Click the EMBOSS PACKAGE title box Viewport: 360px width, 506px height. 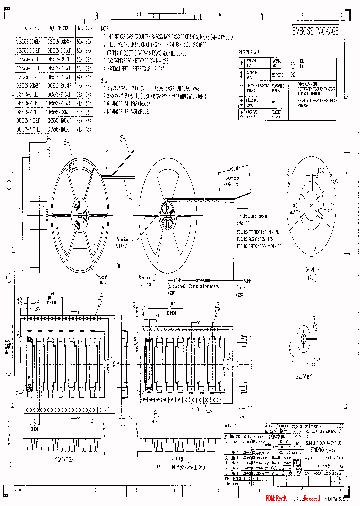[x=315, y=31]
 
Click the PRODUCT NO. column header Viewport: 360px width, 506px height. [x=29, y=29]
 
